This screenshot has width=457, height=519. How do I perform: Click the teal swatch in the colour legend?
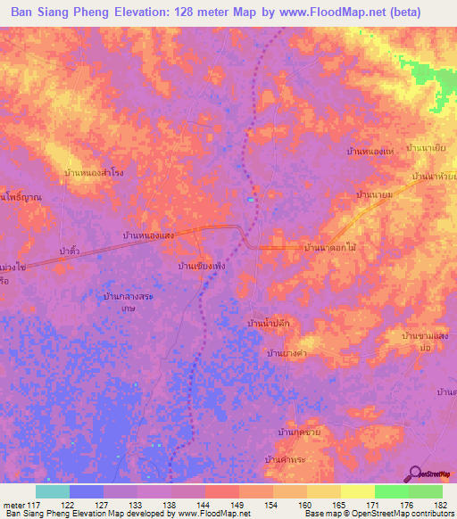tap(52, 491)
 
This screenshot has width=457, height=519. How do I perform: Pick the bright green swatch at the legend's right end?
tap(425, 491)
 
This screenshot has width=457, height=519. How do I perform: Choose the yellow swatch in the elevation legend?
tap(357, 491)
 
